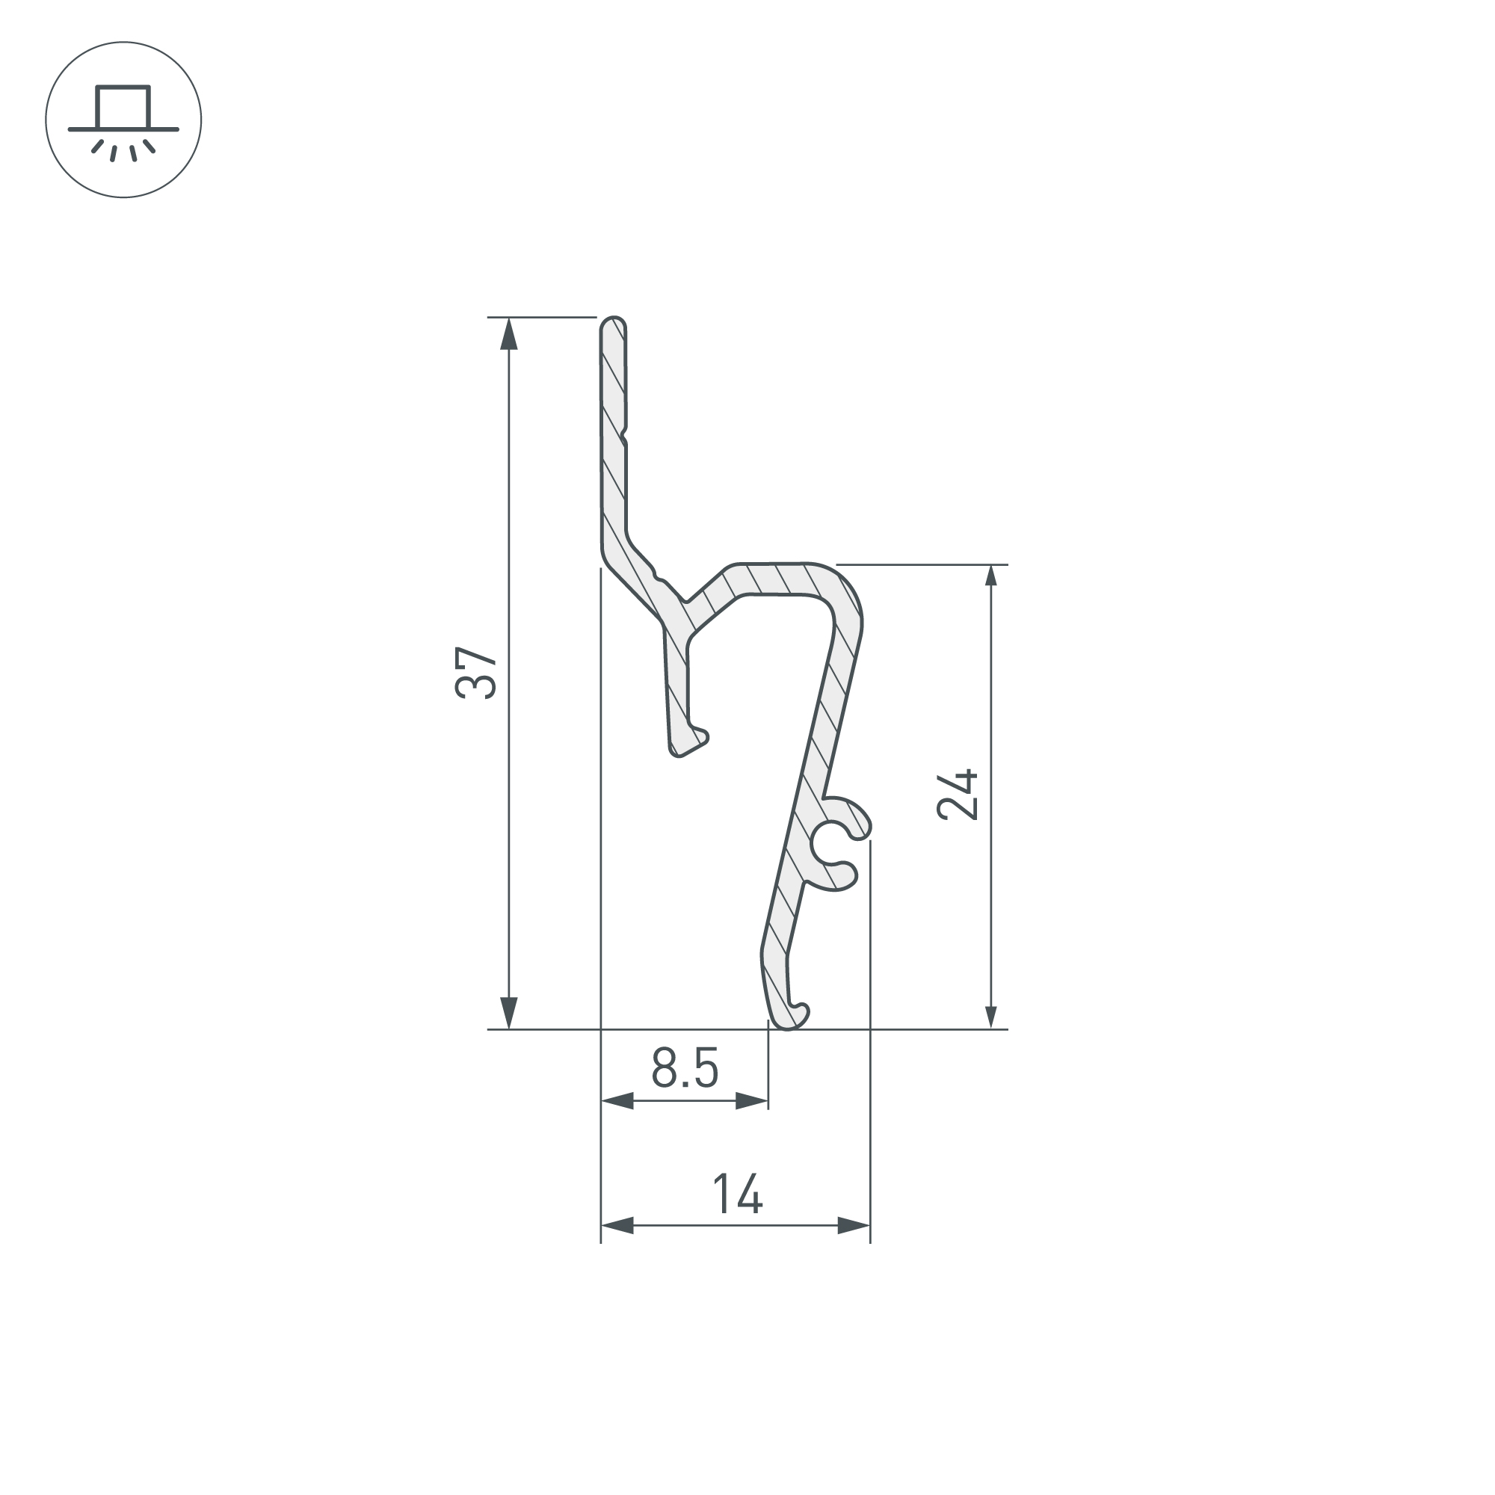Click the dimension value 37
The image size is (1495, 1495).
pyautogui.click(x=475, y=673)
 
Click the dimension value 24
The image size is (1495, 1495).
pyautogui.click(x=958, y=795)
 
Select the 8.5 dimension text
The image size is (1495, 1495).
pyautogui.click(x=685, y=1068)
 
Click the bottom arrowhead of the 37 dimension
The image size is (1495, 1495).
pyautogui.click(x=508, y=1013)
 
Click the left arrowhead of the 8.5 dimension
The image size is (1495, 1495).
pyautogui.click(x=617, y=1100)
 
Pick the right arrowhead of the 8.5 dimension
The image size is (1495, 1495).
pyautogui.click(x=752, y=1100)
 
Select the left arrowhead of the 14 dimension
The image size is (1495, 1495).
pyautogui.click(x=617, y=1225)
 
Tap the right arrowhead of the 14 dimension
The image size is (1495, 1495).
pyautogui.click(x=854, y=1225)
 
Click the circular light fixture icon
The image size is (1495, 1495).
pyautogui.click(x=124, y=120)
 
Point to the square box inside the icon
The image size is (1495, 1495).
pyautogui.click(x=123, y=107)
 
